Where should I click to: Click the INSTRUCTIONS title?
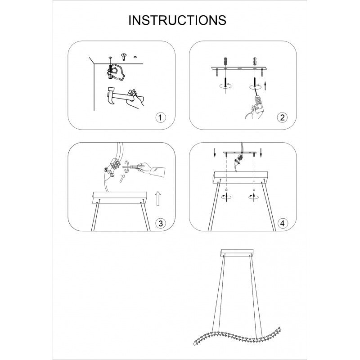pyautogui.click(x=177, y=20)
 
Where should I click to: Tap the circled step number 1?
pyautogui.click(x=160, y=117)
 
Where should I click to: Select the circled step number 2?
pyautogui.click(x=282, y=117)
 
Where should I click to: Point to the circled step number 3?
pyautogui.click(x=160, y=223)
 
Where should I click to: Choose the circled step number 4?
pyautogui.click(x=282, y=223)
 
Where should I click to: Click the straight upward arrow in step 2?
pyautogui.click(x=265, y=85)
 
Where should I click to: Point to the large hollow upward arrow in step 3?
pyautogui.click(x=158, y=198)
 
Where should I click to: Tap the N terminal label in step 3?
pyautogui.click(x=106, y=170)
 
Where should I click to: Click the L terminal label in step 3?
pyautogui.click(x=112, y=175)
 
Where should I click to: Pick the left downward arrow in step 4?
pyautogui.click(x=215, y=153)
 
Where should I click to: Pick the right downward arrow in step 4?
pyautogui.click(x=261, y=153)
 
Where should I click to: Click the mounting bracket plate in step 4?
pyautogui.click(x=240, y=153)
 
